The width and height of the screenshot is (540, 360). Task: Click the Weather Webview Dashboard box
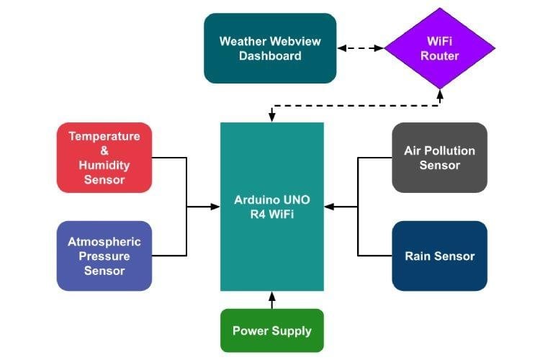point(270,48)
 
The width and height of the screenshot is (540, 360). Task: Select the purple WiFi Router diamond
point(439,48)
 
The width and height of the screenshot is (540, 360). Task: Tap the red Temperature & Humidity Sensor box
point(104,157)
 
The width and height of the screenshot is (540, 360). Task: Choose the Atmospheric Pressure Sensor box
point(104,256)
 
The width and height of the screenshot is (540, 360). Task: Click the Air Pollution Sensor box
point(439,157)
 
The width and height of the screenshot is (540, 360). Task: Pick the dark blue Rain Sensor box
point(439,256)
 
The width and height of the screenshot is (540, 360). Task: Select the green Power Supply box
point(271,330)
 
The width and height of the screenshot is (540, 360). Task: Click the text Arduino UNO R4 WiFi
point(271,207)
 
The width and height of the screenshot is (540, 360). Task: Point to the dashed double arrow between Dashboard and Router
point(360,48)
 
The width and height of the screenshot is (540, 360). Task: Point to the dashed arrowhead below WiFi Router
point(439,91)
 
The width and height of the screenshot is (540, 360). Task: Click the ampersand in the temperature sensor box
point(104,150)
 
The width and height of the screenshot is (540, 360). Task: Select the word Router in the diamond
point(439,56)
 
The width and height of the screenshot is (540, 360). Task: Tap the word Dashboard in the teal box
point(270,55)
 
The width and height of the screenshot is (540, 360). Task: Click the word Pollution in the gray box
point(449,150)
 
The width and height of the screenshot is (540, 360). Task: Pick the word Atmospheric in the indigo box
point(104,241)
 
